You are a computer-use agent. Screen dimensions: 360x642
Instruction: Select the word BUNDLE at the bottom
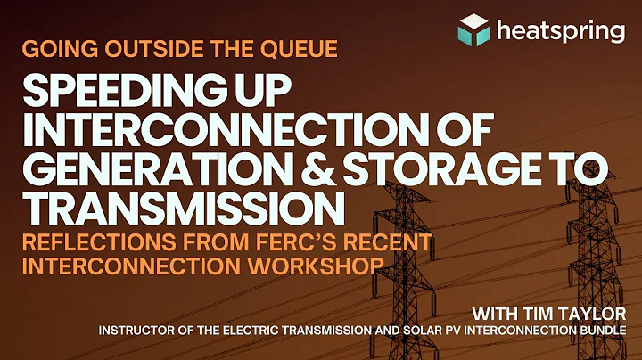click(613, 331)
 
